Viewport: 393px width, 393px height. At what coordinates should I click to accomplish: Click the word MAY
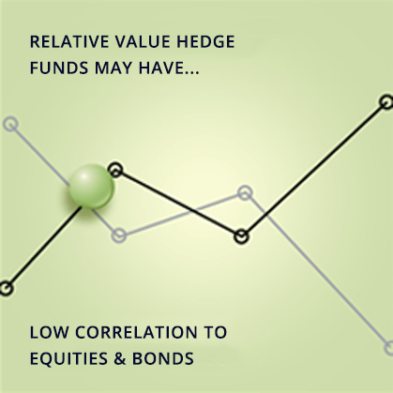(x=112, y=69)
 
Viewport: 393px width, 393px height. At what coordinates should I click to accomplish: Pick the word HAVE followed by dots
(x=170, y=69)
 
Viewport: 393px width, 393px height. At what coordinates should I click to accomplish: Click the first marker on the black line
(x=6, y=288)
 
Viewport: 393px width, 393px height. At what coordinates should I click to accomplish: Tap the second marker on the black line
(x=115, y=170)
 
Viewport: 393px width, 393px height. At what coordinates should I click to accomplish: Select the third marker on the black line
(x=241, y=236)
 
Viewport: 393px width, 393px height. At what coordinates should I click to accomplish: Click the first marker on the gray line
(x=10, y=123)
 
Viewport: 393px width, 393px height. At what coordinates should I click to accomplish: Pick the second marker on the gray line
(x=119, y=235)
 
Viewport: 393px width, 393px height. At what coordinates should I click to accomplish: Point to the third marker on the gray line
(x=245, y=193)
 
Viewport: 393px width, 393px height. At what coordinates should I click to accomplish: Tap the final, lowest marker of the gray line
(x=388, y=348)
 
